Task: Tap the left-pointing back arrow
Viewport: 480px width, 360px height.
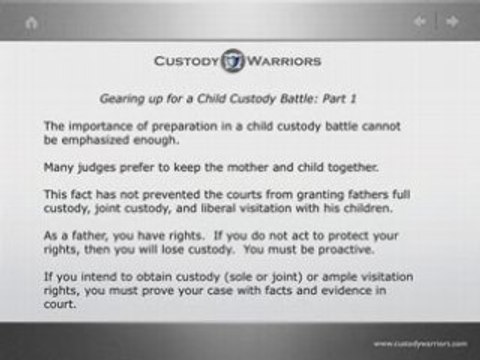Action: tap(421, 21)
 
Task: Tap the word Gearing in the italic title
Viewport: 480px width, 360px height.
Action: tap(120, 100)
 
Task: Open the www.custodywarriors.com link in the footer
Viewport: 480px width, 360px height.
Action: tap(420, 344)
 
